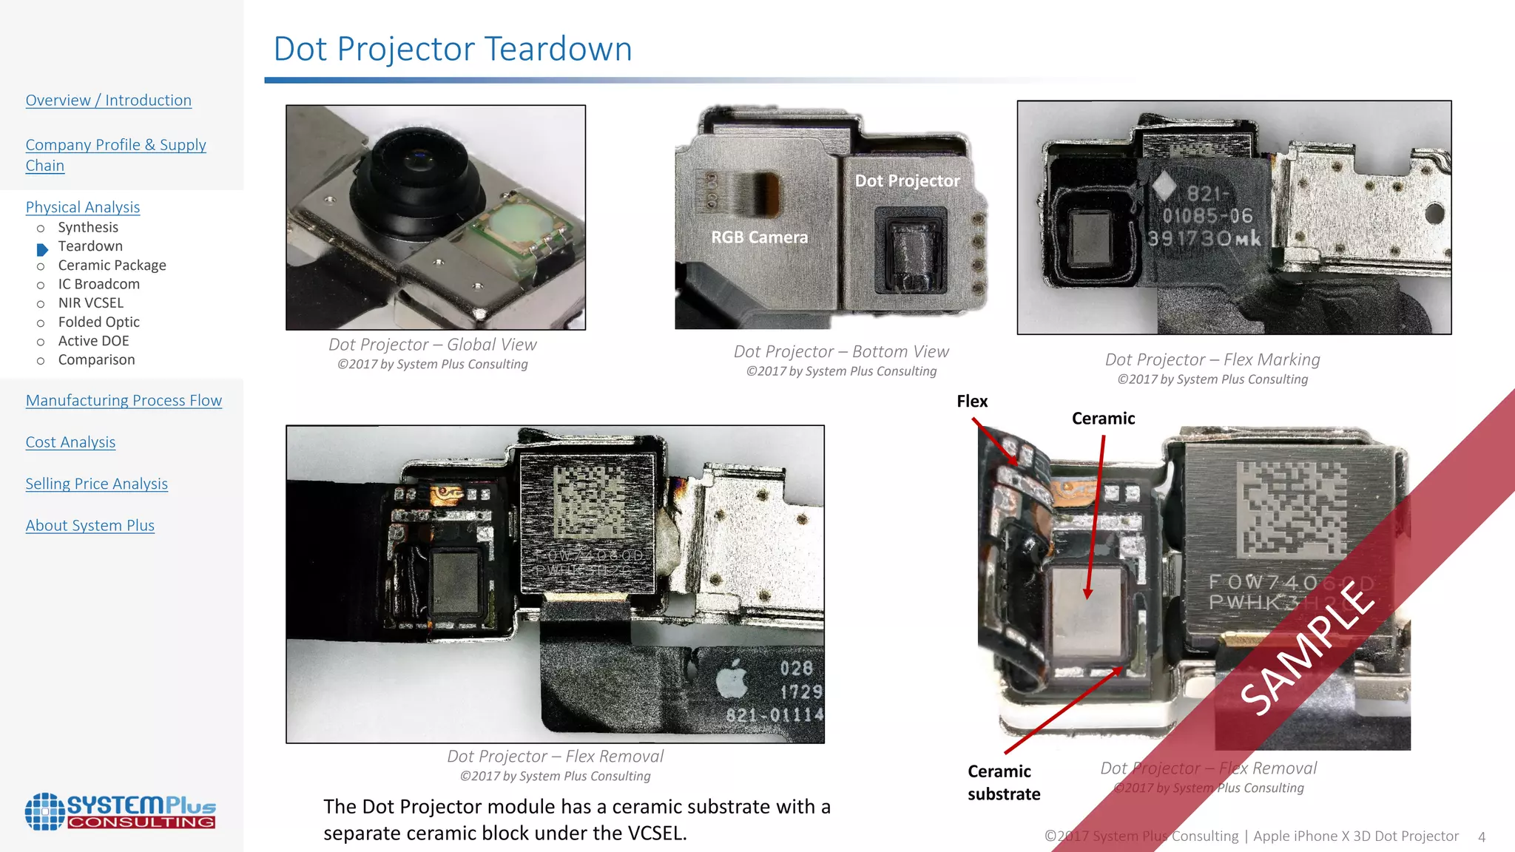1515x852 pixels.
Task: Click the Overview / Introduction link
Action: (109, 101)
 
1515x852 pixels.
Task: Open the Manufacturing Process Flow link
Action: (124, 401)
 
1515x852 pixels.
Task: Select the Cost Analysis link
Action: (70, 442)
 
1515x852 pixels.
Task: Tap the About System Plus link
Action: (90, 526)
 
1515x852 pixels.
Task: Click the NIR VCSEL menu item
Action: (90, 303)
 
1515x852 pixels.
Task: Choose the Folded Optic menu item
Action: (98, 322)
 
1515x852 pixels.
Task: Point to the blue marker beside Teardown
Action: (42, 249)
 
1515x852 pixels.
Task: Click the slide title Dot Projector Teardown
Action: (453, 50)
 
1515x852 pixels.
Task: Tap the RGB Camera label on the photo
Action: (759, 237)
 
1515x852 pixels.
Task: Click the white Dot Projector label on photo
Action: (907, 181)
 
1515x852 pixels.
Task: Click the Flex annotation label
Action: (971, 402)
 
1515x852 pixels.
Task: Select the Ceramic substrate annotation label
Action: (1003, 782)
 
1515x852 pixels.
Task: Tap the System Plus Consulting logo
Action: (120, 811)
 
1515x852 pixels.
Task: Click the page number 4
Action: (1482, 837)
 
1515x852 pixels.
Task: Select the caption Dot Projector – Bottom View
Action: (841, 352)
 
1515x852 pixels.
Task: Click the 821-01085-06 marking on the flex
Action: (1207, 216)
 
